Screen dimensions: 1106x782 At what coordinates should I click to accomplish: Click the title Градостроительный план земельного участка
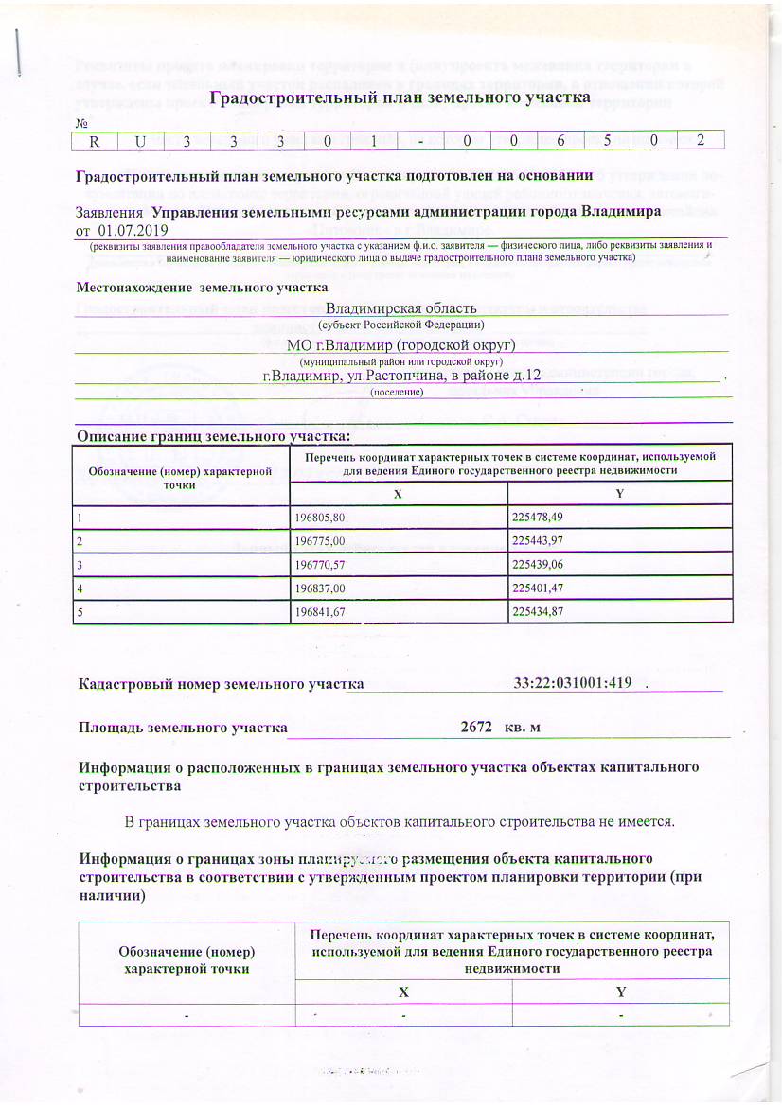pos(399,98)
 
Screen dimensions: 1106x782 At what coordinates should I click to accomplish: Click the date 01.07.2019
pos(127,229)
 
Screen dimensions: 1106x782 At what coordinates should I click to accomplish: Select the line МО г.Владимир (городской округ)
pos(400,344)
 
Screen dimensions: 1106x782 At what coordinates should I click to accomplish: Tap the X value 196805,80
pos(322,518)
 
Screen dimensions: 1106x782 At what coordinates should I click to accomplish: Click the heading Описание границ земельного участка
pos(213,436)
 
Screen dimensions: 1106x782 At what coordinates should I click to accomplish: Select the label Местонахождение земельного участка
pos(202,287)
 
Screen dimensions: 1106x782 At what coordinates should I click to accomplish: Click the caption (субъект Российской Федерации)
pos(400,325)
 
